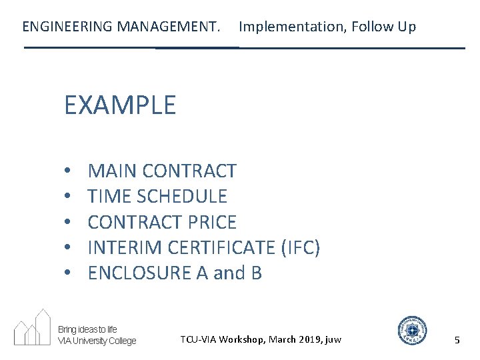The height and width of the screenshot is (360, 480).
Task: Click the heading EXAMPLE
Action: click(x=120, y=105)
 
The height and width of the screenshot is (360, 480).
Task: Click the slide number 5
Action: click(x=457, y=340)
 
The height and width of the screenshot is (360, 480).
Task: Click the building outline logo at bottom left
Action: click(x=33, y=327)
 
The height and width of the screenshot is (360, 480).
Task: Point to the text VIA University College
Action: click(x=97, y=341)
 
